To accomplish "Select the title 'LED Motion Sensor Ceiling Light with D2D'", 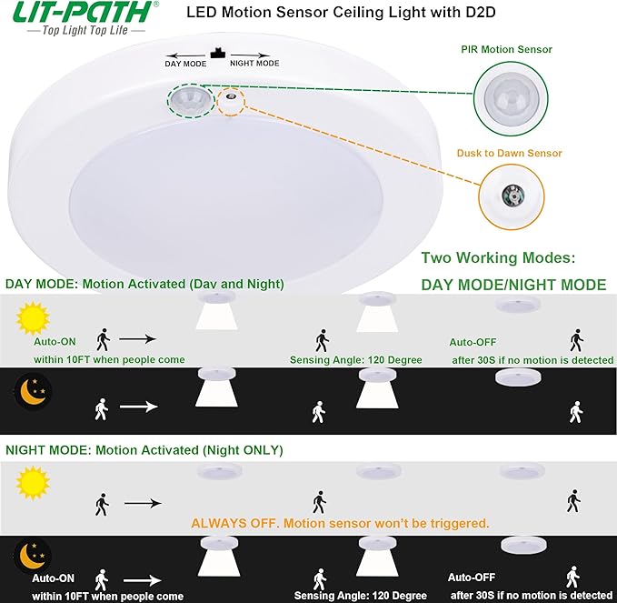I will [x=333, y=14].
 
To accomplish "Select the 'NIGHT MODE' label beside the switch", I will [x=254, y=64].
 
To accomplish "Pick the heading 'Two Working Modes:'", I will [x=498, y=258].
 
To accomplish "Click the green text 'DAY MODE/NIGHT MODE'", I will [x=513, y=285].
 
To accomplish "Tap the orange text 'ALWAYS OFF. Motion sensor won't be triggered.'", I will [x=340, y=523].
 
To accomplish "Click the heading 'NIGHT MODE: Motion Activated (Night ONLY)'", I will [x=144, y=450].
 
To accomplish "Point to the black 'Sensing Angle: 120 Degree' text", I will [x=356, y=360].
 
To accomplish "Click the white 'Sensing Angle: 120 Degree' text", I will [x=358, y=596].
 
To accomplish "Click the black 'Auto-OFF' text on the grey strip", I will [x=473, y=342].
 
